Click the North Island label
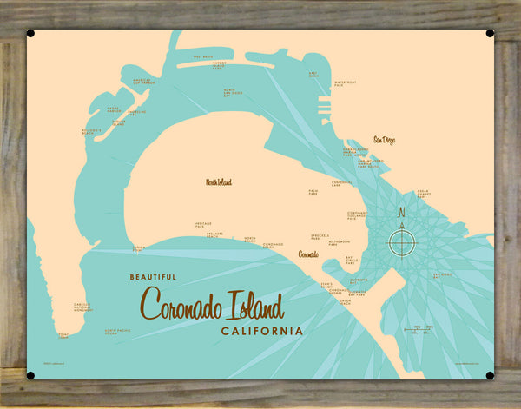[x=219, y=182]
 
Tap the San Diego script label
[x=384, y=139]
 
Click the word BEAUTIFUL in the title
[x=152, y=277]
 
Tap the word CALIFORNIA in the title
[x=262, y=331]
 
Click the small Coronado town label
[x=308, y=255]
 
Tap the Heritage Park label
[x=203, y=225]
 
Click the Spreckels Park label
[x=319, y=235]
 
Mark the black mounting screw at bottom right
[x=491, y=375]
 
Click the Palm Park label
[x=313, y=192]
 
